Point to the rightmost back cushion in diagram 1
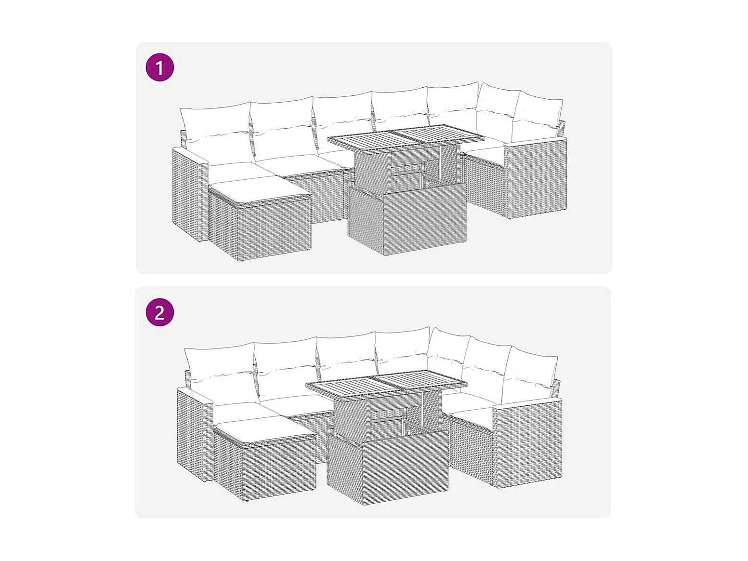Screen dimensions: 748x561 pos(538,120)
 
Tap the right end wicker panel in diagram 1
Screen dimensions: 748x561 pos(536,177)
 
